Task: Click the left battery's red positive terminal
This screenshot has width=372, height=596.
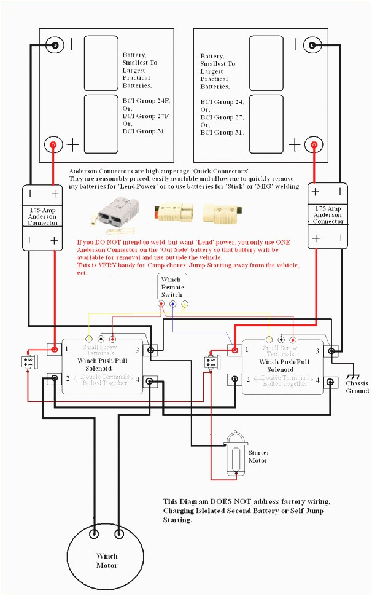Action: coord(53,145)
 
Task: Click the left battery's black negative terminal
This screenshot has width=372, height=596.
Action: coord(55,45)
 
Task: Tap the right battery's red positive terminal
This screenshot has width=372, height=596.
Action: coord(314,145)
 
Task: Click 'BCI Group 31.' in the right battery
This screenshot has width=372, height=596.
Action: coord(222,133)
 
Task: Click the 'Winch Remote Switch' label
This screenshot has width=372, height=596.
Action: coord(171,287)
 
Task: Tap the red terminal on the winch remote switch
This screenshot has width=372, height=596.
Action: coord(161,304)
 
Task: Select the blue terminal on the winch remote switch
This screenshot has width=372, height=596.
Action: coord(173,304)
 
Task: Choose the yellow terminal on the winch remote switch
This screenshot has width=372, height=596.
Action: coord(184,304)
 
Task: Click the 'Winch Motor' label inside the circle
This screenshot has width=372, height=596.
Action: coord(107,560)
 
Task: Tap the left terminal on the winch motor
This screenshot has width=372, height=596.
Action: coord(94,533)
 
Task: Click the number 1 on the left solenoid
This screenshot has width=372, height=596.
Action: coord(66,349)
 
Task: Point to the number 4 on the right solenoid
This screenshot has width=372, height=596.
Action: coord(317,380)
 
